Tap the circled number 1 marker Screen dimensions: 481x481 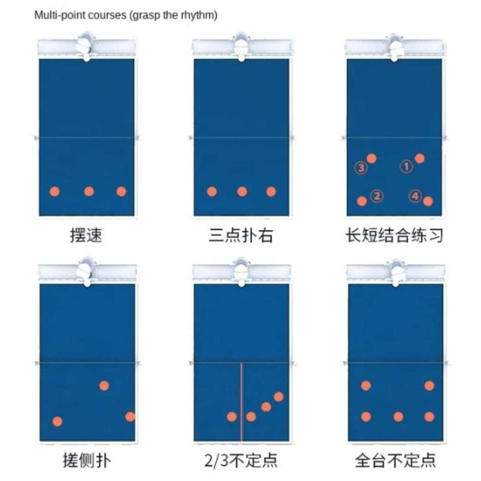[406, 166]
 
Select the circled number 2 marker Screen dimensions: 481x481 [377, 196]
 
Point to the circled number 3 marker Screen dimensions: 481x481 [361, 168]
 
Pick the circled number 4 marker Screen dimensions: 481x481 [415, 196]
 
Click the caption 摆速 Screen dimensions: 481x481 [86, 235]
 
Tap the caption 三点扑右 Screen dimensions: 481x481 [241, 235]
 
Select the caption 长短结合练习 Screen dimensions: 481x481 [394, 235]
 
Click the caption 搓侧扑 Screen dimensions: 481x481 [87, 460]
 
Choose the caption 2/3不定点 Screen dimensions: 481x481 [241, 460]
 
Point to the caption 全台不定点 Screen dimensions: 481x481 [395, 460]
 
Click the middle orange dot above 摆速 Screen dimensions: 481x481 [89, 192]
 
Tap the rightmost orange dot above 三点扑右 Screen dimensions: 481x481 [271, 192]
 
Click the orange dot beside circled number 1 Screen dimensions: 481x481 [420, 158]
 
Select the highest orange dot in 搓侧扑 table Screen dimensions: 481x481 [104, 386]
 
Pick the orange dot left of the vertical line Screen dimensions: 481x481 [232, 416]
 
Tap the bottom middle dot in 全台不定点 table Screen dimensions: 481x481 [398, 416]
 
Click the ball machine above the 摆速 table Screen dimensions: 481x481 [86, 46]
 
